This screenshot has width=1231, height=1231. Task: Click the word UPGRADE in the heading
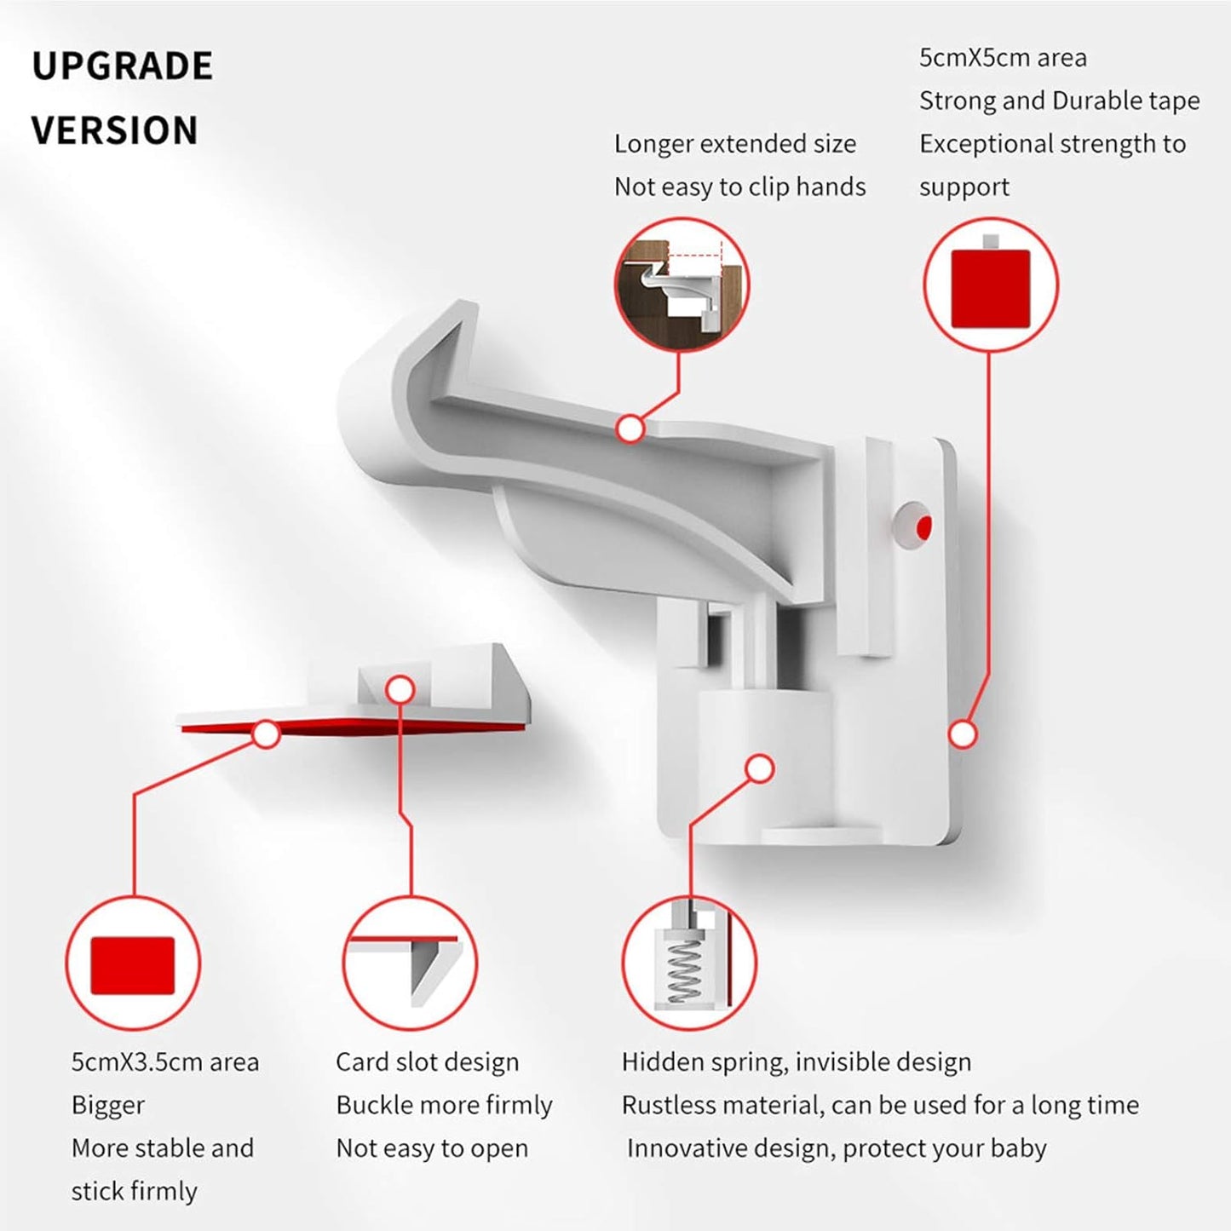(122, 66)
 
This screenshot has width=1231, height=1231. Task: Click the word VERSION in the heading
(114, 131)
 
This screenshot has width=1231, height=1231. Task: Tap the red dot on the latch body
(923, 527)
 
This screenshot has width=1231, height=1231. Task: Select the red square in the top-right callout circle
(990, 289)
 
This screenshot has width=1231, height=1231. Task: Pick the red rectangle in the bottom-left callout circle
(132, 965)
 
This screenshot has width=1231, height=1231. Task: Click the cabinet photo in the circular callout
(682, 285)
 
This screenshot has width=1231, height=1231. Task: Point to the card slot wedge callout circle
(410, 964)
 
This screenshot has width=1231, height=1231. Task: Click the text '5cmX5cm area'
(1003, 58)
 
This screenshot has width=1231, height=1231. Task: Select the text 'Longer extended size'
(734, 144)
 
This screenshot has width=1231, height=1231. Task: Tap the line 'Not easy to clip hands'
(739, 187)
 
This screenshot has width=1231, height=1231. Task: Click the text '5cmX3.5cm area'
(164, 1062)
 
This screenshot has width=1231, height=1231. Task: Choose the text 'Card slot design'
(427, 1062)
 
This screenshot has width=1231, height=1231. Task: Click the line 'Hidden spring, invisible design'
(796, 1062)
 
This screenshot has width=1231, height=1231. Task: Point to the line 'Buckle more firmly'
(444, 1105)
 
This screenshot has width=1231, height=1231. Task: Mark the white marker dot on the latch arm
(630, 429)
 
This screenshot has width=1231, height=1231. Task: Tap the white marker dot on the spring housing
(759, 768)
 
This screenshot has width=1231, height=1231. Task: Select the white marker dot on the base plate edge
(963, 733)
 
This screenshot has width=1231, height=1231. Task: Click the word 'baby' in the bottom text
(1018, 1148)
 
